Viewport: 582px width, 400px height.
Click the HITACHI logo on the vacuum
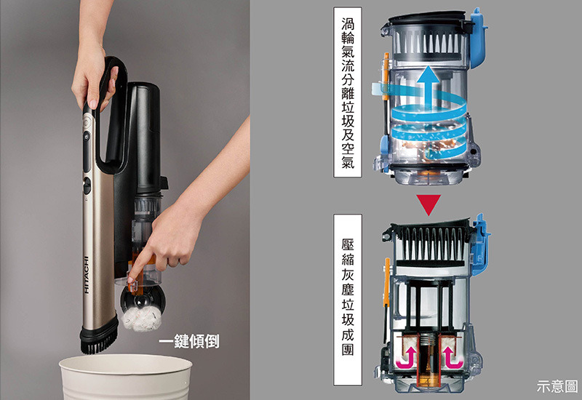coord(87,275)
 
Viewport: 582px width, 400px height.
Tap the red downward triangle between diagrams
coord(428,204)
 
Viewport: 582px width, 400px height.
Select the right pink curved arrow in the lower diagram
coord(451,357)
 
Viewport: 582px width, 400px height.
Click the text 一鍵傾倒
coord(189,341)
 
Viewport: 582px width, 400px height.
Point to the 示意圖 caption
coord(557,386)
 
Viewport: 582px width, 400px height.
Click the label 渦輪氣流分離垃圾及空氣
coord(348,92)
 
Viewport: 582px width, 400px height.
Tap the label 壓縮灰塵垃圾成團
coord(348,300)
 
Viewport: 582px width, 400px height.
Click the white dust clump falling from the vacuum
coord(142,319)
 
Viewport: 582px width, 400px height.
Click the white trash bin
coord(125,377)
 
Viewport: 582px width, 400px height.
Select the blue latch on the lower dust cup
coord(480,243)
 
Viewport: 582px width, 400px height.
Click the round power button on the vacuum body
coord(87,121)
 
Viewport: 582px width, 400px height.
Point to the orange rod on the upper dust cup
coord(386,76)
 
